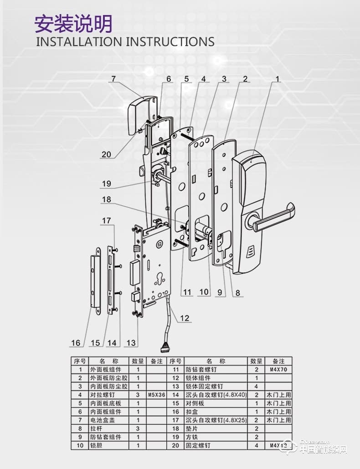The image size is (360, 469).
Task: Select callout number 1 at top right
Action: (277, 79)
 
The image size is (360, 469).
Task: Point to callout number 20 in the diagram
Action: (106, 154)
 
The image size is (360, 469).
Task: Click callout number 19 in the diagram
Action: (106, 184)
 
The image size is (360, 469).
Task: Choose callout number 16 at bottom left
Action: (76, 343)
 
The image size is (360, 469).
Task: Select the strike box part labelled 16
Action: (95, 281)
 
